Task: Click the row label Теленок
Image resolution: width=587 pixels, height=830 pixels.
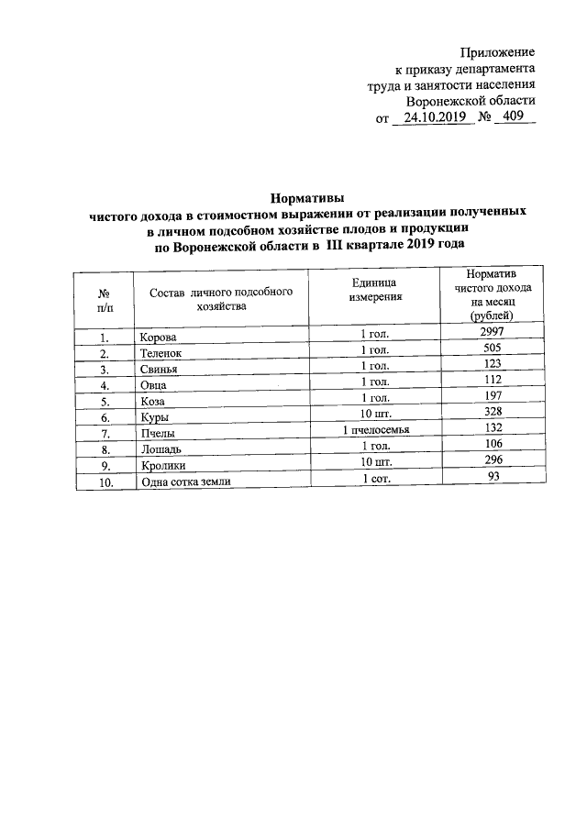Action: pos(161,352)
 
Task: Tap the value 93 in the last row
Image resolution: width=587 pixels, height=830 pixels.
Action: pos(493,478)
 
